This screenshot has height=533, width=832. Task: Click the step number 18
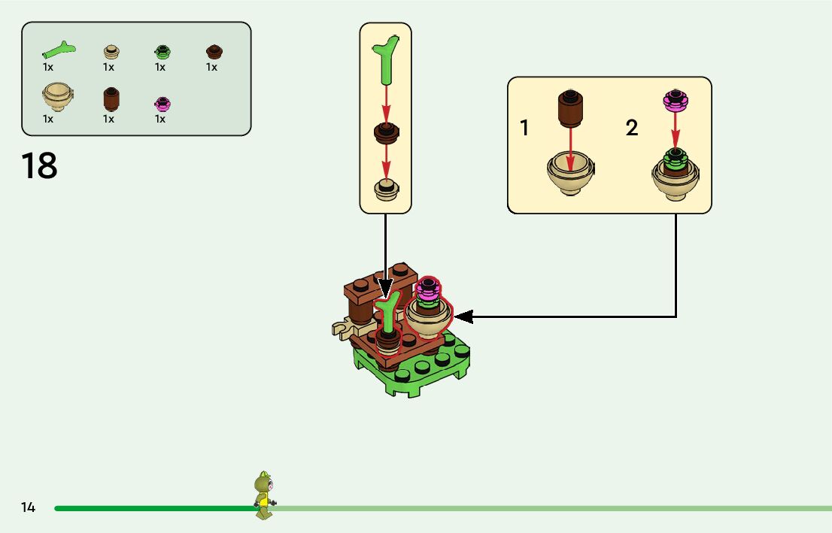click(39, 166)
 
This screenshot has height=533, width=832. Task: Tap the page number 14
click(29, 507)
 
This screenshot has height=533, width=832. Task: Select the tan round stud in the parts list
click(111, 52)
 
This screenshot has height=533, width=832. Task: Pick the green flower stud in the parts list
click(161, 52)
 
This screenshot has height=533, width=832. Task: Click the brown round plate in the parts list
click(214, 52)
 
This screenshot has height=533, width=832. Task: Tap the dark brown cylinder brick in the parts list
click(111, 98)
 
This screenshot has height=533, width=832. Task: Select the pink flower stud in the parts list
click(161, 103)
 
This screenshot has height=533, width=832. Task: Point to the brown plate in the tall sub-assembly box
click(386, 132)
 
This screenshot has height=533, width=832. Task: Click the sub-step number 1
click(524, 129)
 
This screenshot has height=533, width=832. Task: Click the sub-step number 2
click(632, 129)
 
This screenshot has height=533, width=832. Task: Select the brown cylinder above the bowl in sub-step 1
click(570, 110)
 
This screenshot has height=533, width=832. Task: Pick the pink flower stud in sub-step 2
click(675, 98)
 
